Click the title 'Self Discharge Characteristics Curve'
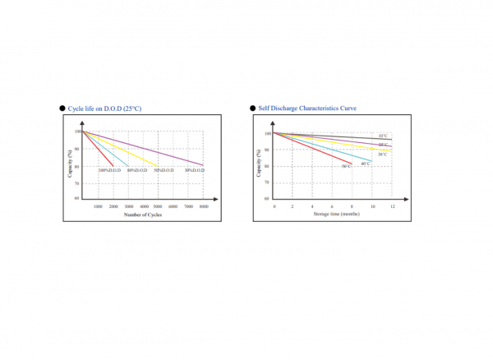click(309, 108)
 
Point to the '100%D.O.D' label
click(109, 170)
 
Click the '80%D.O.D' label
click(137, 170)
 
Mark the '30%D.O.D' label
click(194, 170)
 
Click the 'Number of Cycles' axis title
click(144, 215)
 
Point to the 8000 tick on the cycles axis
click(203, 206)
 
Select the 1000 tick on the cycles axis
click(98, 206)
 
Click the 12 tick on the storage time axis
click(392, 206)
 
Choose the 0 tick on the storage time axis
click(274, 206)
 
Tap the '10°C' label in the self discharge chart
click(383, 136)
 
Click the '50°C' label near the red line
click(347, 167)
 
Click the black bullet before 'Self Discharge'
click(251, 108)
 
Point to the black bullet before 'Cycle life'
click(62, 108)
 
